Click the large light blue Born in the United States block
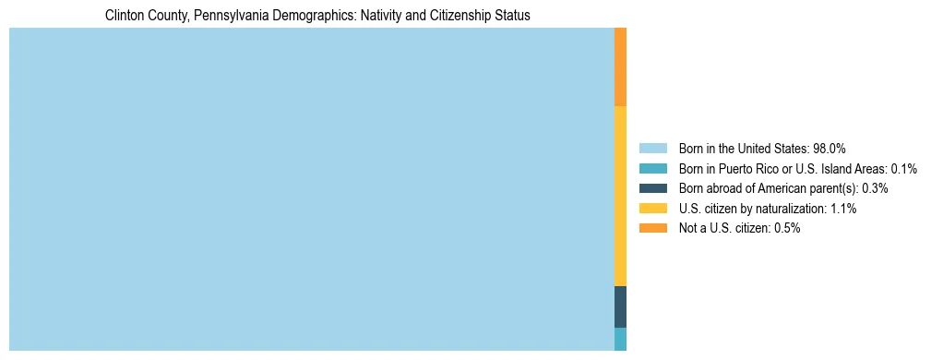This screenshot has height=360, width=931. (x=311, y=189)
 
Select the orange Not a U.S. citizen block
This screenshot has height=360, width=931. (x=620, y=67)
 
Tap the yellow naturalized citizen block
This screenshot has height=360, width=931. (x=620, y=196)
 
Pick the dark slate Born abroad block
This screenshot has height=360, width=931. (x=620, y=306)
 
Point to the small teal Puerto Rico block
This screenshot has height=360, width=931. (x=620, y=339)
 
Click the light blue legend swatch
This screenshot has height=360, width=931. (x=652, y=148)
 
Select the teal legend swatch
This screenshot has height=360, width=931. (x=652, y=168)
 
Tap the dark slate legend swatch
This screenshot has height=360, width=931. (x=652, y=188)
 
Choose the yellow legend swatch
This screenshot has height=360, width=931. (x=652, y=209)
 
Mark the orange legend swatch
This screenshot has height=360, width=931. (x=652, y=228)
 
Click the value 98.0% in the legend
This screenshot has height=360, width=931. (x=830, y=148)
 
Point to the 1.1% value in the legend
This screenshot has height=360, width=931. (x=841, y=209)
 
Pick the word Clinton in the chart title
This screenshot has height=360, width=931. (x=124, y=16)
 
